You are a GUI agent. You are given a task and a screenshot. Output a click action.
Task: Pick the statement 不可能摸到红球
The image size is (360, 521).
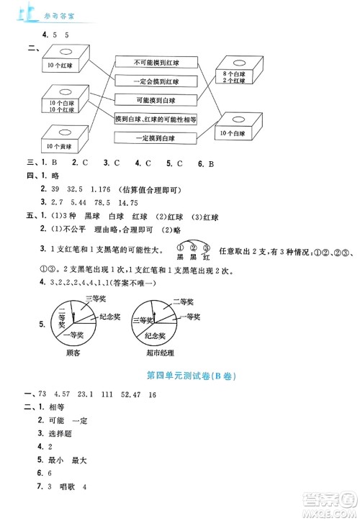coord(157,62)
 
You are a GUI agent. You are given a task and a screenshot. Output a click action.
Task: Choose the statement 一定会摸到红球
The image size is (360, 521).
coord(157,81)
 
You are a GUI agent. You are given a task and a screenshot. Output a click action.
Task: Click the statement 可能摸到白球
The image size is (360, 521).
coord(157,100)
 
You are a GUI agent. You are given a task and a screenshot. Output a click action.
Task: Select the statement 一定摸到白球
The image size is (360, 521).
coord(157,138)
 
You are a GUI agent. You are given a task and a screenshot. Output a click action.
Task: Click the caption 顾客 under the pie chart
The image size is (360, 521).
coord(72,354)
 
